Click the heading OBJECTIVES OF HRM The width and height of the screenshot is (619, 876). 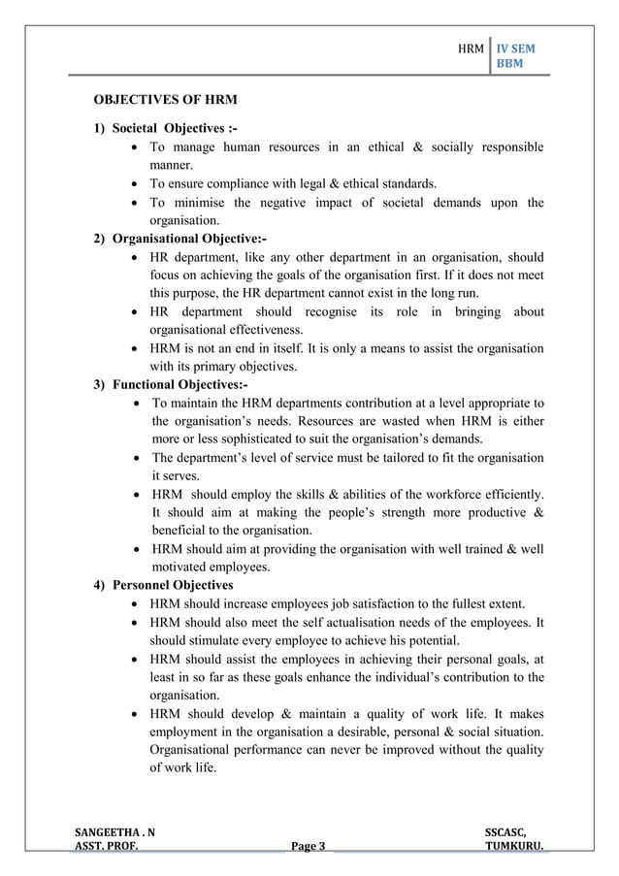click(x=165, y=100)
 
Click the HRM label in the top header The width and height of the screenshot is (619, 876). click(x=471, y=48)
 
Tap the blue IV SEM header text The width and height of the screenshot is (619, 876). click(x=515, y=48)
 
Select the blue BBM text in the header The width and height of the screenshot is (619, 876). click(x=508, y=65)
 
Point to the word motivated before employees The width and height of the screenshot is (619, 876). click(x=183, y=568)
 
